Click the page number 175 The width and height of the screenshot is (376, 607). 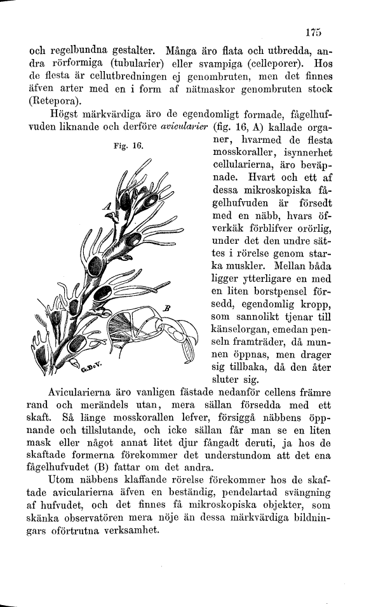[314, 31]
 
